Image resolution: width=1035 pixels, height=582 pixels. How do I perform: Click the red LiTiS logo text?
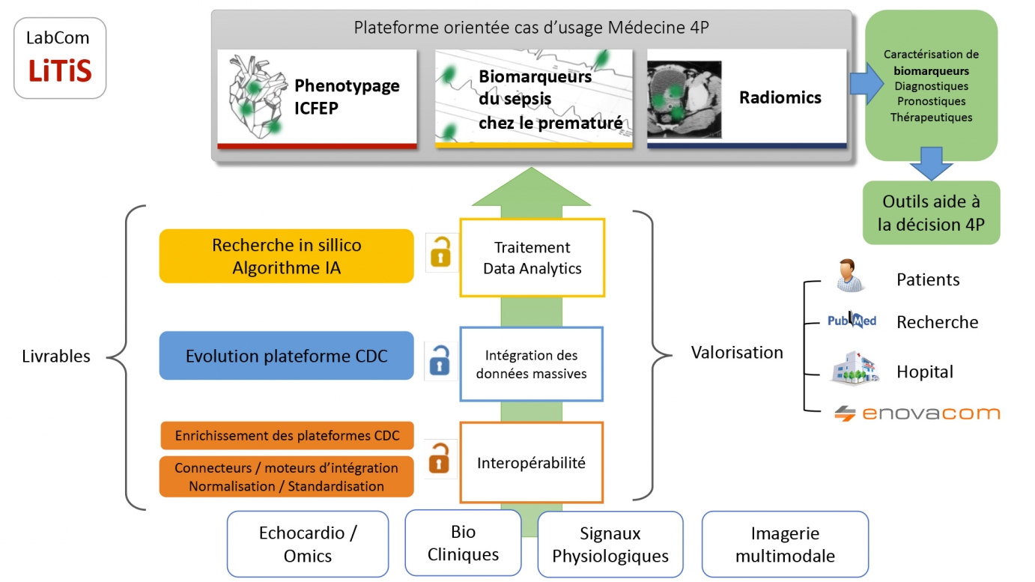coord(60,71)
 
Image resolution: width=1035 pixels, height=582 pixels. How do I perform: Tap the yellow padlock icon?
coord(440,252)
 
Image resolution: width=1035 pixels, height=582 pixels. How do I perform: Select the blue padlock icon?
coord(439,360)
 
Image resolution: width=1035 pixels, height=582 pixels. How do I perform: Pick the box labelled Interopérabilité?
coord(531,463)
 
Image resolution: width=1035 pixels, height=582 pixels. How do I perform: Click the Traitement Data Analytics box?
coord(532,258)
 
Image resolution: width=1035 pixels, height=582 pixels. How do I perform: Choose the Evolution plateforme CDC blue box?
coord(286,356)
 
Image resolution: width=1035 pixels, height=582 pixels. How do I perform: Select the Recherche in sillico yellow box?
coord(286,256)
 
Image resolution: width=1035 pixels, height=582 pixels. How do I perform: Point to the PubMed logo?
coord(852,321)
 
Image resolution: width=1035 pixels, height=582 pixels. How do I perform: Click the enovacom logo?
coord(917,413)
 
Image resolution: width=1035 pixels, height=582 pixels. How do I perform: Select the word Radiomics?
coord(780,97)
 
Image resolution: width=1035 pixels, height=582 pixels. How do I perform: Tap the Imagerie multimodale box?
coord(784,545)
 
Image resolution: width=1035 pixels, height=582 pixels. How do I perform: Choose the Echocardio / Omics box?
coord(308,545)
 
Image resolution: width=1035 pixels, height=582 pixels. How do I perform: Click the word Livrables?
coord(56,357)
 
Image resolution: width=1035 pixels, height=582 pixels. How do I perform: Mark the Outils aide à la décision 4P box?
coord(931,213)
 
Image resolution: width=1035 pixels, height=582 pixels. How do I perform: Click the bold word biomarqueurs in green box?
coord(931,71)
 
